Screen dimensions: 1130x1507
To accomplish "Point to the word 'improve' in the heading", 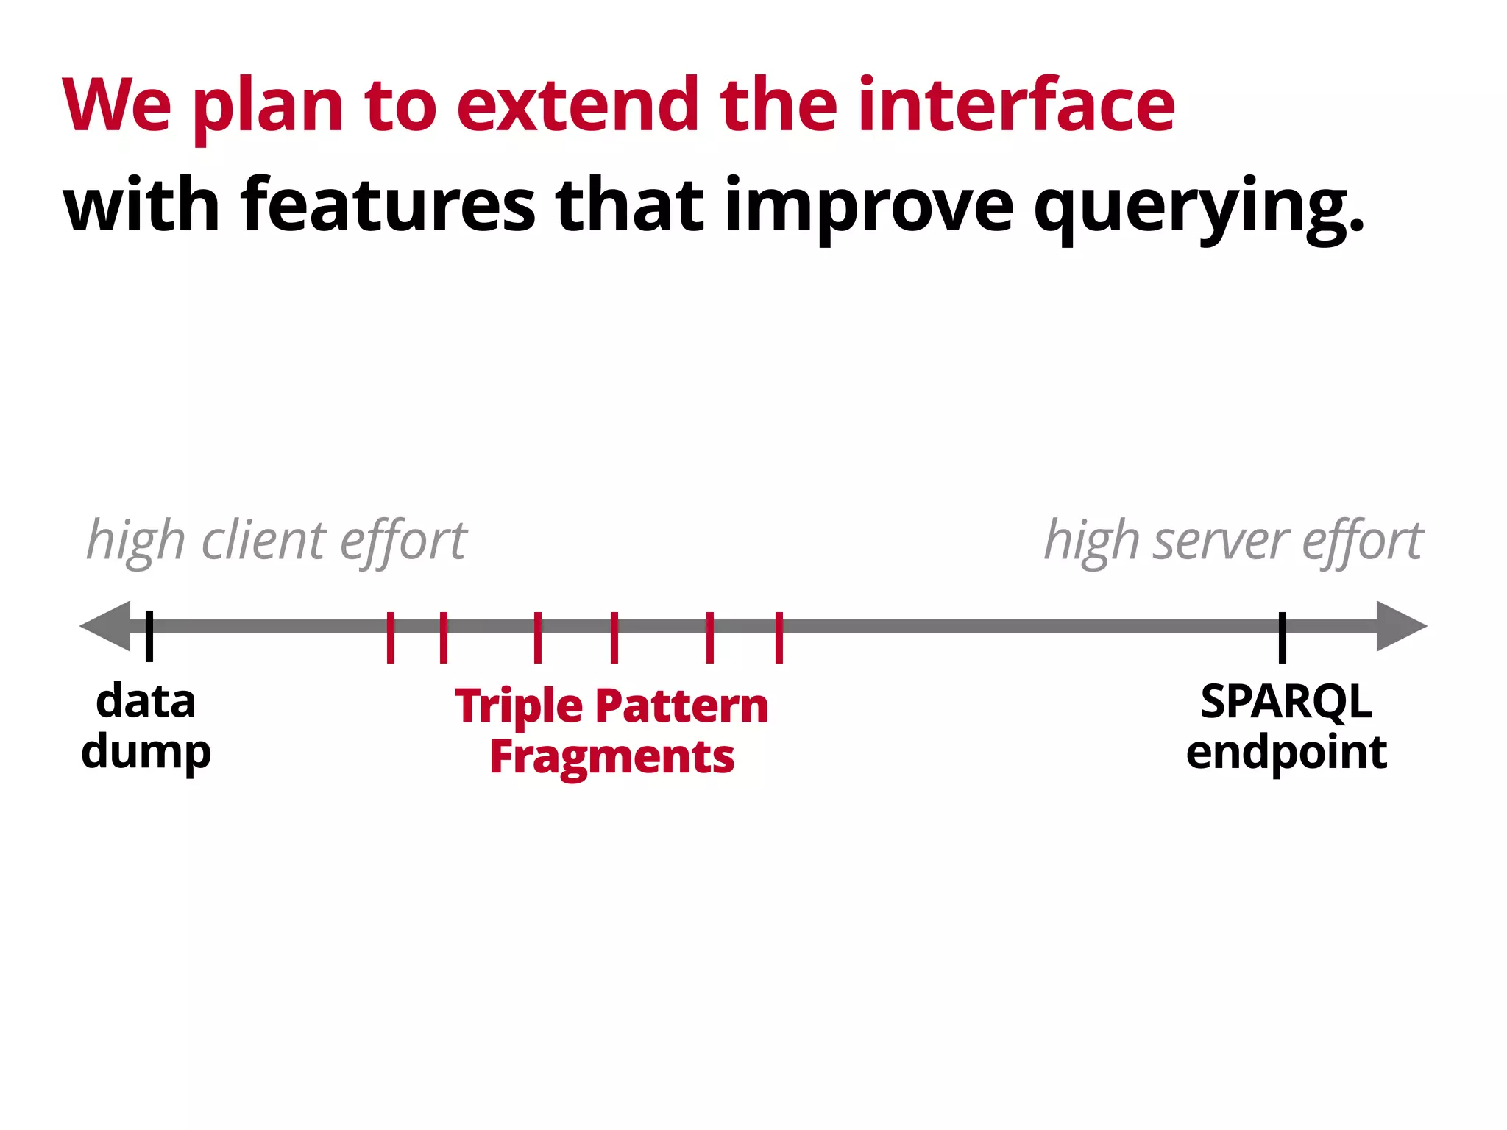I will click(x=869, y=207).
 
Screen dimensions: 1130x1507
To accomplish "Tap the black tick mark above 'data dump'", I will click(x=149, y=636).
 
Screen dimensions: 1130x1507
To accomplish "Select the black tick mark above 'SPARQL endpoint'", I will click(x=1283, y=637).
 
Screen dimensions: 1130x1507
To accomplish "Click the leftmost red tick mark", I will click(x=391, y=637).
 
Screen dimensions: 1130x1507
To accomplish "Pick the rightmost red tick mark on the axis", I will click(x=779, y=637).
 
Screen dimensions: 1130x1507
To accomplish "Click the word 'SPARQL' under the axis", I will click(x=1286, y=702).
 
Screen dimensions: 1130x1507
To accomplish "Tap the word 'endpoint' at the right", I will click(x=1286, y=753).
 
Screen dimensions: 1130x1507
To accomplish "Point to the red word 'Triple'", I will click(x=519, y=708).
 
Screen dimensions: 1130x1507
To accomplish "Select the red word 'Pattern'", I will click(x=681, y=706).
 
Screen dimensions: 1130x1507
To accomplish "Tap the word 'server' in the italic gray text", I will click(x=1221, y=541).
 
